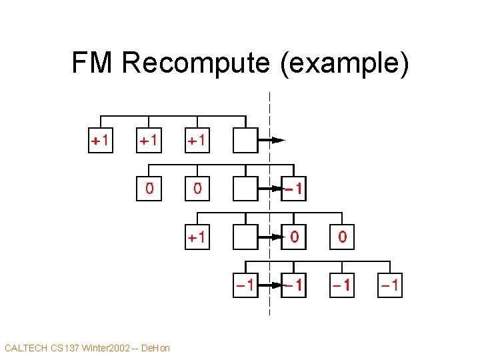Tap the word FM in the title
pos(93,63)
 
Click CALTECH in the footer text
pos(26,348)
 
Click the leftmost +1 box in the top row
pos(101,141)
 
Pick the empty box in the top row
pos(245,141)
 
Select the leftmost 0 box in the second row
pos(149,189)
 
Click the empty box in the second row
pos(245,189)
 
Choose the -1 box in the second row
pos(294,189)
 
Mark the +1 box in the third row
pos(197,237)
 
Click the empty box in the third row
pos(245,237)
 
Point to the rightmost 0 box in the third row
pos(342,237)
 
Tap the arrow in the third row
pos(270,237)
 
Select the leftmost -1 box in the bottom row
pos(245,285)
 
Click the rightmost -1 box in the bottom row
pos(390,285)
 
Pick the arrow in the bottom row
pos(270,285)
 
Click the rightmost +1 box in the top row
pos(197,141)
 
